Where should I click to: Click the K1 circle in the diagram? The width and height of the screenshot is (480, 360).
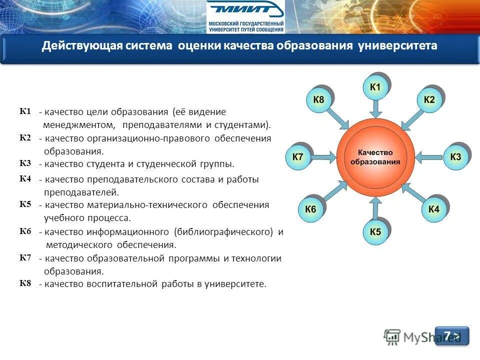coord(375,88)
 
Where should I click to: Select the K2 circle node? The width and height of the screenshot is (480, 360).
coord(429,100)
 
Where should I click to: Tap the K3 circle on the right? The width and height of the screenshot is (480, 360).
coord(455,157)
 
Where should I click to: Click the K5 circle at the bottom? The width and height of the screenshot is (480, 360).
coord(375,232)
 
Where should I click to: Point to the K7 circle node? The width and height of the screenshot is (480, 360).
coord(297,157)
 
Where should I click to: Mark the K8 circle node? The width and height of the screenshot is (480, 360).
coord(318,100)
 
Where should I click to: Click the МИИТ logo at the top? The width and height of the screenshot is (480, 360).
coord(245,16)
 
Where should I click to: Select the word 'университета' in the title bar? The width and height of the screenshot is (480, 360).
coord(397,46)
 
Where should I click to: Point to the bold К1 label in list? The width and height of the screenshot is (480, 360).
coord(25,111)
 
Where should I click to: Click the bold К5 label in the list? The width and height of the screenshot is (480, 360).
coord(25,204)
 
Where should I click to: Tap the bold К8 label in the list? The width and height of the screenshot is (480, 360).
coord(25,283)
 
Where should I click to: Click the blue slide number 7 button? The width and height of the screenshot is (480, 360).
coord(452,335)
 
